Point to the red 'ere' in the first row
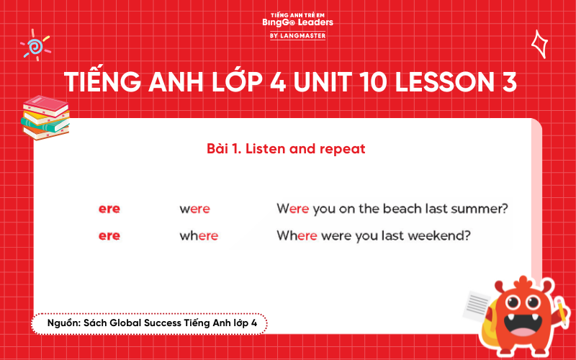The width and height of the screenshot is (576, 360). click(109, 209)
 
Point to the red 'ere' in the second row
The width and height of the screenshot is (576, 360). click(109, 235)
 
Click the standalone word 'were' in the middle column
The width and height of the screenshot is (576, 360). click(194, 209)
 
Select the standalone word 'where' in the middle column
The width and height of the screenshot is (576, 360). click(199, 235)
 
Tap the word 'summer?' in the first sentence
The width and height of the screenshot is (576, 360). click(482, 209)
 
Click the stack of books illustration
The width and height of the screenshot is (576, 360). click(45, 117)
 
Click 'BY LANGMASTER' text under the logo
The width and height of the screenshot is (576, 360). click(297, 35)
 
